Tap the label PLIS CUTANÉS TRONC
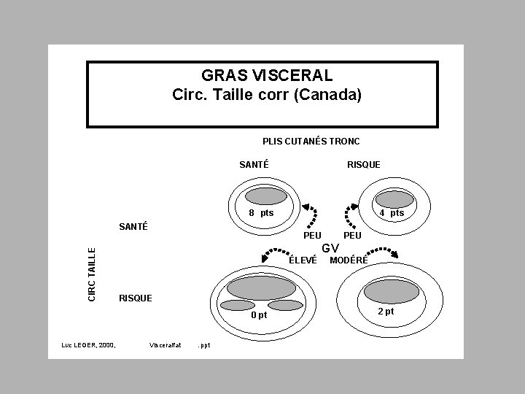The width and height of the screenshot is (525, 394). pyautogui.click(x=311, y=141)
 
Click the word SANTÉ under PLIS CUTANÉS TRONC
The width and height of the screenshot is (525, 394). pyautogui.click(x=254, y=164)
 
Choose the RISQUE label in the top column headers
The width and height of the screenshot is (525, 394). pyautogui.click(x=363, y=164)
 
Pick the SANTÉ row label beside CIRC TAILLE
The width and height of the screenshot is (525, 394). pyautogui.click(x=133, y=226)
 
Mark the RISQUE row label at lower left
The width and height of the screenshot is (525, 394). pyautogui.click(x=135, y=298)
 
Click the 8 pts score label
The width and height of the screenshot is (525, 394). pyautogui.click(x=261, y=213)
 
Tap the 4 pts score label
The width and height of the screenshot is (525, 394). pyautogui.click(x=392, y=213)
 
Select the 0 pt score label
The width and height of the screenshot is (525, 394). pyautogui.click(x=259, y=315)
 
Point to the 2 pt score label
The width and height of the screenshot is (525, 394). pyautogui.click(x=386, y=312)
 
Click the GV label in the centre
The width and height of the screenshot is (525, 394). pyautogui.click(x=330, y=248)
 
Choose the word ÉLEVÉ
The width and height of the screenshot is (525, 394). pyautogui.click(x=303, y=260)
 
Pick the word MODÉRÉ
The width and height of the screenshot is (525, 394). pyautogui.click(x=349, y=260)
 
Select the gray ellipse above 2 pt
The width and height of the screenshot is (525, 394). pyautogui.click(x=392, y=291)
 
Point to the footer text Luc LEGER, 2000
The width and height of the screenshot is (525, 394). pyautogui.click(x=88, y=344)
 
